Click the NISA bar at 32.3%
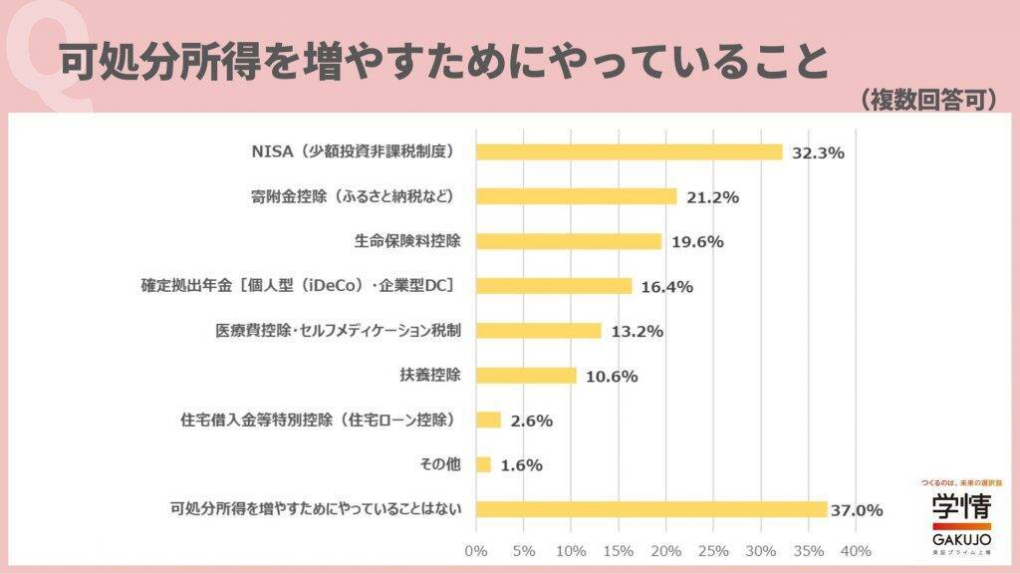click(x=629, y=151)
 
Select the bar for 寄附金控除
click(x=576, y=196)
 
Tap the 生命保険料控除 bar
click(x=568, y=241)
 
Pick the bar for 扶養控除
click(x=526, y=376)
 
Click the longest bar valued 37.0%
click(x=651, y=509)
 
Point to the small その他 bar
click(x=483, y=464)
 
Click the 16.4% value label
click(x=666, y=287)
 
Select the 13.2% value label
click(x=637, y=332)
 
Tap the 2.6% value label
click(x=531, y=421)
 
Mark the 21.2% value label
click(x=712, y=197)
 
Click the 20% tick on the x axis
click(x=665, y=551)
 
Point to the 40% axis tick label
click(x=856, y=551)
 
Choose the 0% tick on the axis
click(x=476, y=551)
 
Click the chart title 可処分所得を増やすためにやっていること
click(x=443, y=62)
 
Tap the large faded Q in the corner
click(x=45, y=55)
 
